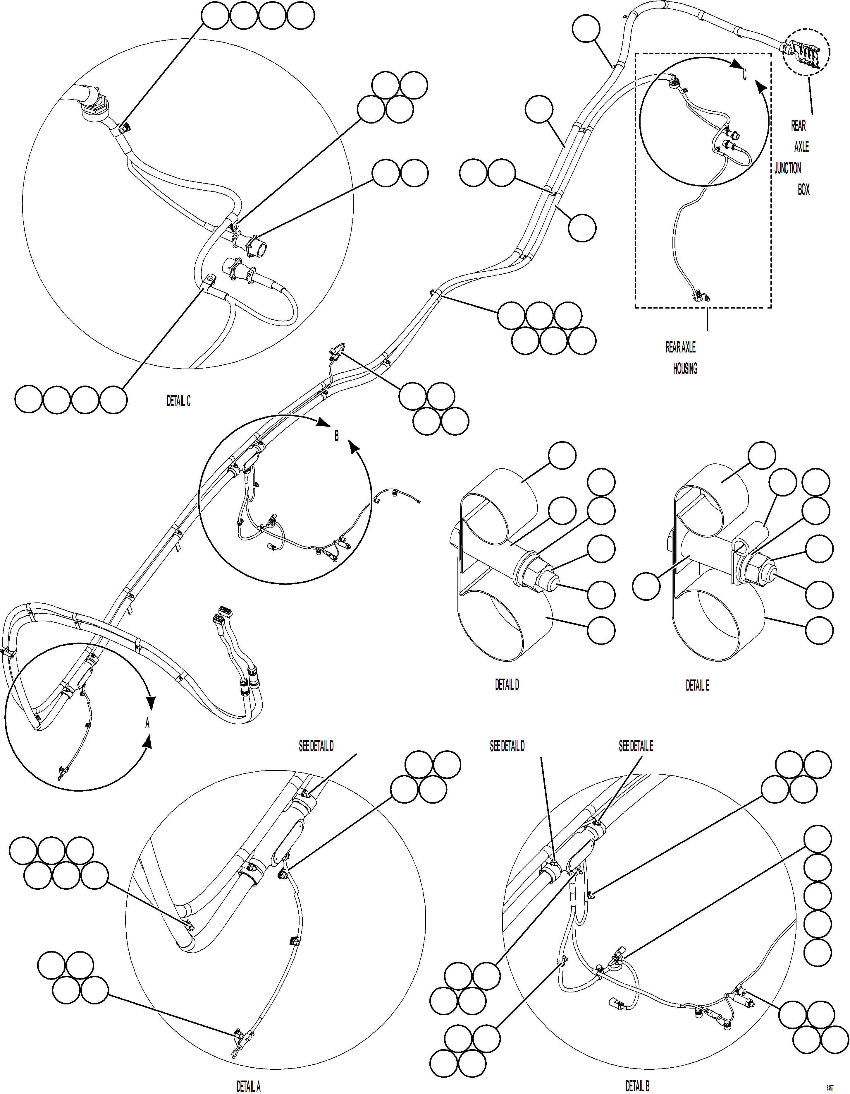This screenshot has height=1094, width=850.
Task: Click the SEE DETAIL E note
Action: (x=636, y=747)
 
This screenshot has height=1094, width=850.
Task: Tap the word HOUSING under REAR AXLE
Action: (x=685, y=369)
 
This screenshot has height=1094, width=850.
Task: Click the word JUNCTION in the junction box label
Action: (x=787, y=168)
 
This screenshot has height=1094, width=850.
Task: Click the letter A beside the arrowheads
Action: (x=147, y=723)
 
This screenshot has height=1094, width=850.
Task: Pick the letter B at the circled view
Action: (x=336, y=436)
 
